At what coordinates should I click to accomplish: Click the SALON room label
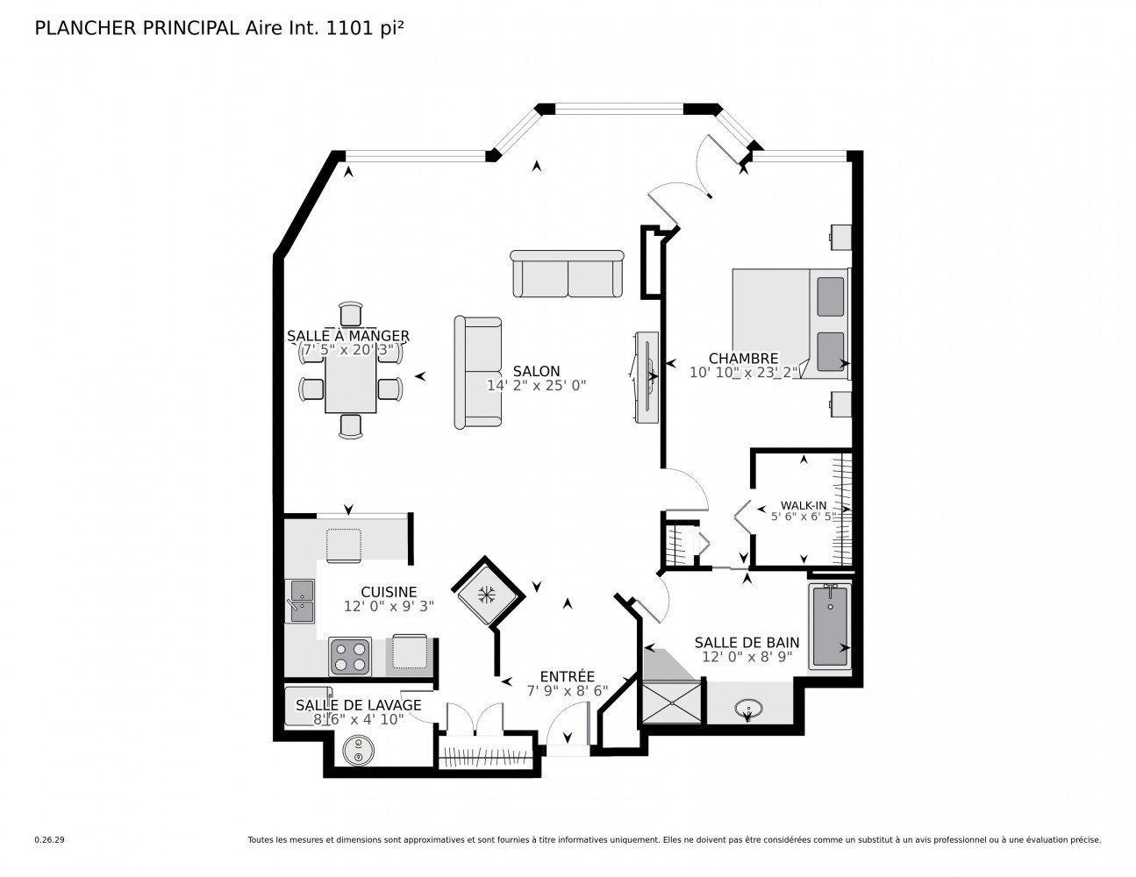click(x=536, y=371)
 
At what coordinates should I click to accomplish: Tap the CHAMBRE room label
click(x=743, y=358)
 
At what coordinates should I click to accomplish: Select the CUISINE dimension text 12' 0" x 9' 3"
click(x=389, y=606)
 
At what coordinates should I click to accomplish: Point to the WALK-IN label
click(x=804, y=505)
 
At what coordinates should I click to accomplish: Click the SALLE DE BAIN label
click(x=747, y=642)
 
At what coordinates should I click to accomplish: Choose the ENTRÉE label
click(x=567, y=676)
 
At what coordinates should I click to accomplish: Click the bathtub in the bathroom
click(x=829, y=626)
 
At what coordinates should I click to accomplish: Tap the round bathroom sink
click(x=748, y=706)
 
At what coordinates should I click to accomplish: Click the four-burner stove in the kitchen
click(x=350, y=656)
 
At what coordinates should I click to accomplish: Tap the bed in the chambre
click(x=789, y=324)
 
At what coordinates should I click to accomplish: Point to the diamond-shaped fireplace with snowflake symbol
click(x=486, y=594)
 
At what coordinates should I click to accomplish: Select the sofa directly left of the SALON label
click(x=477, y=372)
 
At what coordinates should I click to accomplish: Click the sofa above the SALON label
click(x=567, y=274)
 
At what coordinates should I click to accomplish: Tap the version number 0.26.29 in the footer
click(x=49, y=840)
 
